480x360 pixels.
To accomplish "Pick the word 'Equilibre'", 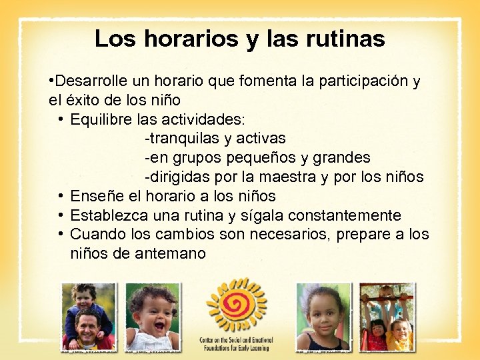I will (x=100, y=120).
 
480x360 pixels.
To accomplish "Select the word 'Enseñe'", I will (x=95, y=196).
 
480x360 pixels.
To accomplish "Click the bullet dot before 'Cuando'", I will (x=60, y=234).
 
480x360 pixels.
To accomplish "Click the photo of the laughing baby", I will (x=153, y=317).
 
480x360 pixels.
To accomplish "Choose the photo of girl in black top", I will (x=323, y=317).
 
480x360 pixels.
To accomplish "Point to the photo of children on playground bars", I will (x=387, y=317).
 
